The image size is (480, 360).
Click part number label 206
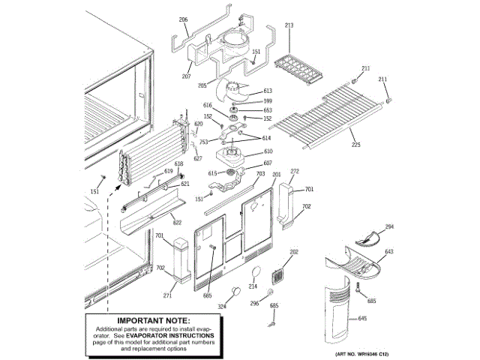(183, 19)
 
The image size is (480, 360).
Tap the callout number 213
(289, 25)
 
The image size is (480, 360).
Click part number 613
(268, 91)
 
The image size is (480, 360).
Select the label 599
(268, 100)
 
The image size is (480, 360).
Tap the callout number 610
(268, 151)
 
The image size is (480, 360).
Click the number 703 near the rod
(260, 174)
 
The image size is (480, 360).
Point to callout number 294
(389, 226)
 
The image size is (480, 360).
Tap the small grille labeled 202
(279, 274)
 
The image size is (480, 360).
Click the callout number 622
(177, 222)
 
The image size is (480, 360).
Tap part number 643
(389, 253)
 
